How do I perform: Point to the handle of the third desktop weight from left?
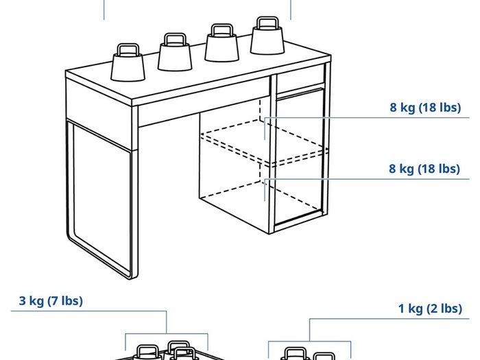point(221,29)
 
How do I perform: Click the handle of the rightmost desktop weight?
point(267,22)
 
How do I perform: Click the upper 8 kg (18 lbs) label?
point(425,108)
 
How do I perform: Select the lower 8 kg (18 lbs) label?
point(424,169)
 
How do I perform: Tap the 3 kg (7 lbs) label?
point(51,300)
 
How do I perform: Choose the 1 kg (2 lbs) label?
point(430,309)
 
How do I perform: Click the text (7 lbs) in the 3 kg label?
point(65,300)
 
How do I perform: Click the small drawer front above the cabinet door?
point(300,78)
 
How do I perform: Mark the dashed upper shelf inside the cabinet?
point(264,141)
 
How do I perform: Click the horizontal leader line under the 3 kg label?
point(88,311)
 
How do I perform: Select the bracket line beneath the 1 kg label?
point(309,341)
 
